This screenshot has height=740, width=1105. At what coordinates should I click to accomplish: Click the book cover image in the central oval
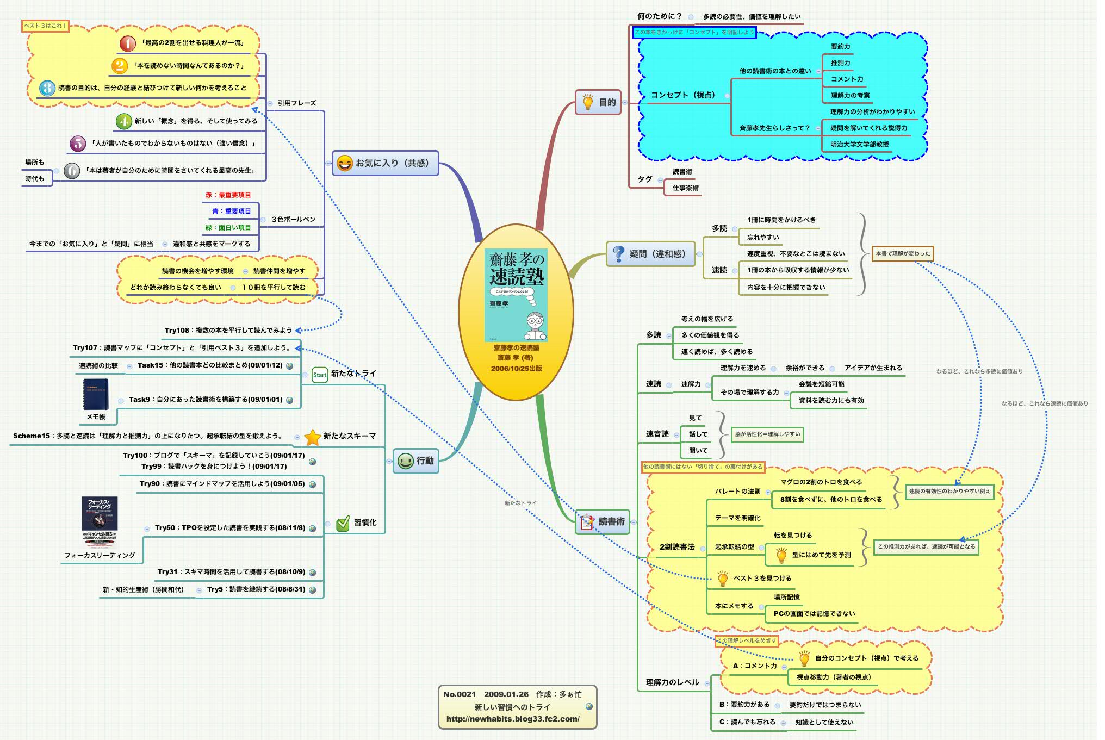coord(516,295)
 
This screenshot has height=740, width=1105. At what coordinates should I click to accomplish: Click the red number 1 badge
coord(128,43)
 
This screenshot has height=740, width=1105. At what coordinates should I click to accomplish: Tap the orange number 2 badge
coord(120,66)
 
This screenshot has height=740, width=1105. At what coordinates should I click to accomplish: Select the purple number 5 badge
coord(78,144)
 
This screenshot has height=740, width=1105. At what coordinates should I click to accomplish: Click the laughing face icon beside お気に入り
coord(345,163)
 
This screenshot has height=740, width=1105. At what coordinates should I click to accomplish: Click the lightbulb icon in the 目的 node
coord(588,102)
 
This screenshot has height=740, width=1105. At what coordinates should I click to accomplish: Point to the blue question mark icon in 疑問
coord(618,254)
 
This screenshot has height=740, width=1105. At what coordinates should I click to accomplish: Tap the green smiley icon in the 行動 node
coord(405,461)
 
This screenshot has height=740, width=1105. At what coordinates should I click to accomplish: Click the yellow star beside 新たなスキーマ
coord(313,437)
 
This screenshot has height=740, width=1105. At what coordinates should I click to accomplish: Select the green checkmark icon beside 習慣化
coord(343,523)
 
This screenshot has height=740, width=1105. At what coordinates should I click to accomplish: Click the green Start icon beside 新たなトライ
coord(320,374)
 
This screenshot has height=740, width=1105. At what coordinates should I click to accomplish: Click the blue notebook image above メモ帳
coord(96,394)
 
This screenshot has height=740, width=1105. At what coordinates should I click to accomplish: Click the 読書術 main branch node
coord(603,522)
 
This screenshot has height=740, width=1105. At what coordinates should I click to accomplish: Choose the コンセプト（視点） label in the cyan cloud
coord(683,95)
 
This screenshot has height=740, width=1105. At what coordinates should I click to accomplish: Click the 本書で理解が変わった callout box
coord(903,253)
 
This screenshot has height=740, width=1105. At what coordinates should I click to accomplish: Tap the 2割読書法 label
coord(677,547)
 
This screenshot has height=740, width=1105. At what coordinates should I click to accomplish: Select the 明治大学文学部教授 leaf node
coord(859,145)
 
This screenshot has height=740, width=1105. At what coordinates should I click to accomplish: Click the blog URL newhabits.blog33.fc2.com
coord(513,719)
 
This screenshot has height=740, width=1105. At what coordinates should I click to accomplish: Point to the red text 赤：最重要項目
coord(228,195)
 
